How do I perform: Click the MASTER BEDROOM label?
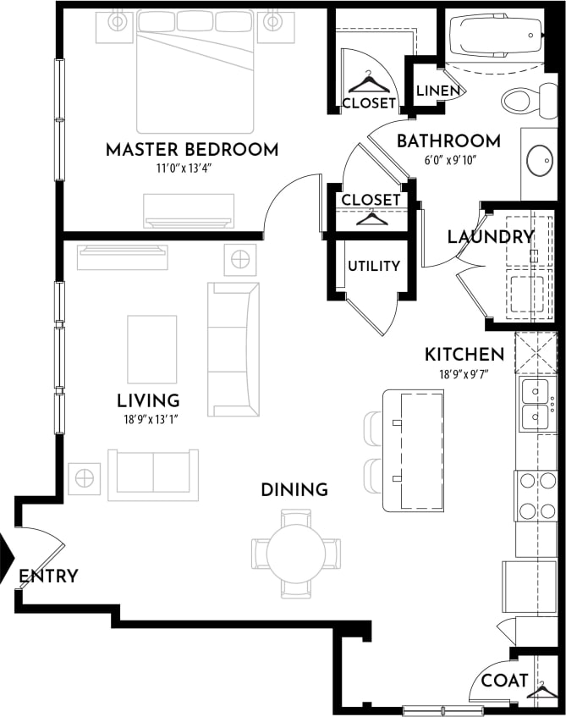click(x=191, y=151)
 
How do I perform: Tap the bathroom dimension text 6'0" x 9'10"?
click(x=448, y=159)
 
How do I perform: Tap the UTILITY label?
click(x=373, y=266)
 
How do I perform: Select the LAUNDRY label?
click(x=491, y=237)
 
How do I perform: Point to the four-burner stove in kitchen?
click(x=536, y=495)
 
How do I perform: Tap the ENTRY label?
click(x=48, y=576)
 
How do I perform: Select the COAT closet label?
click(x=504, y=680)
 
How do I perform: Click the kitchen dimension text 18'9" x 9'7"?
click(x=464, y=372)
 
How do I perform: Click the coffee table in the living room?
click(x=152, y=349)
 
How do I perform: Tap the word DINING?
click(x=294, y=490)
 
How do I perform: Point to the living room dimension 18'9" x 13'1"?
click(x=148, y=417)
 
